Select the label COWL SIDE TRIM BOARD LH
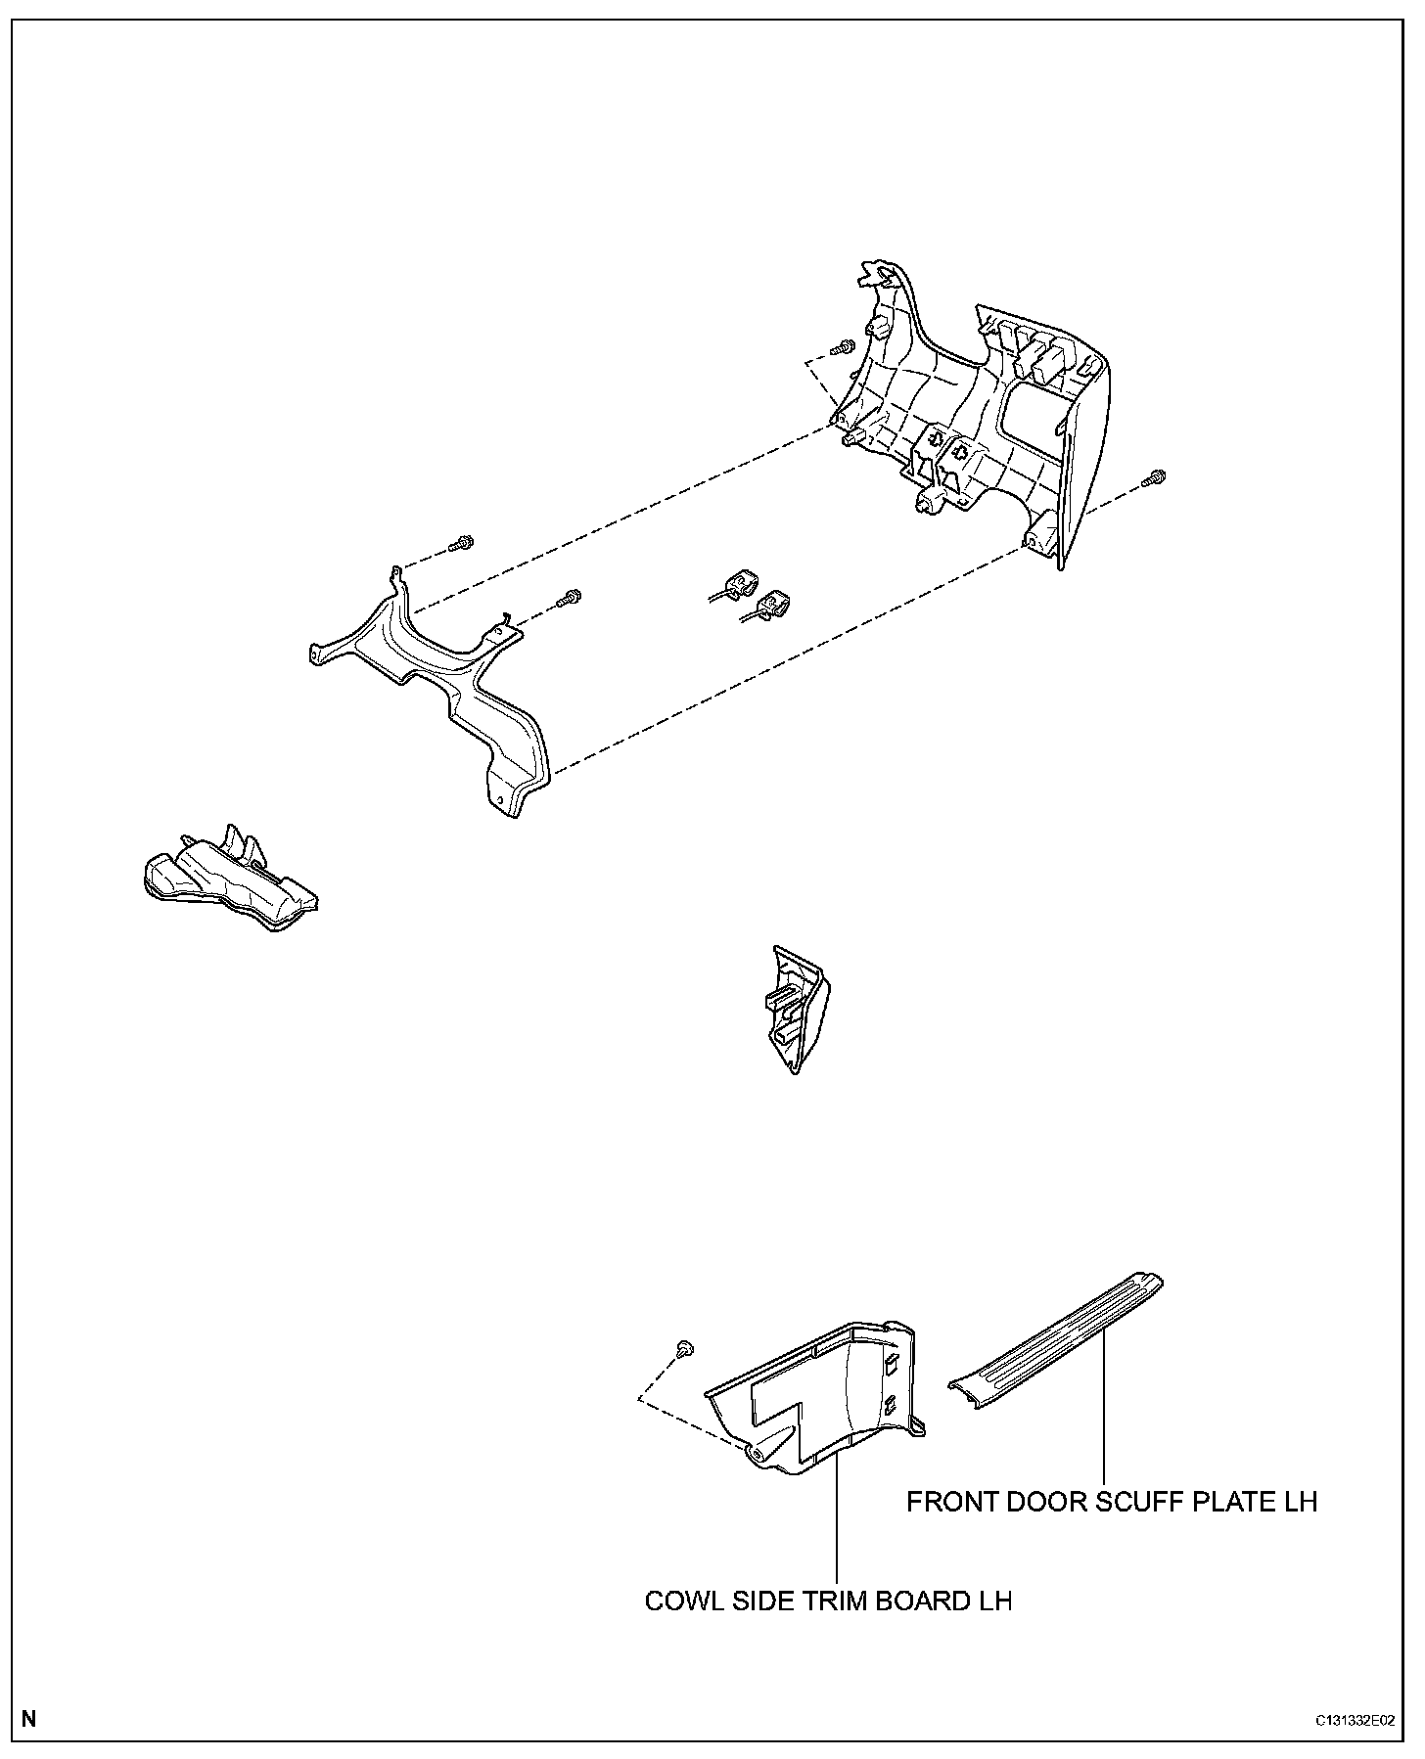point(828,1601)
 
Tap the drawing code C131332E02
point(1355,1720)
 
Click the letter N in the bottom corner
point(28,1719)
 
